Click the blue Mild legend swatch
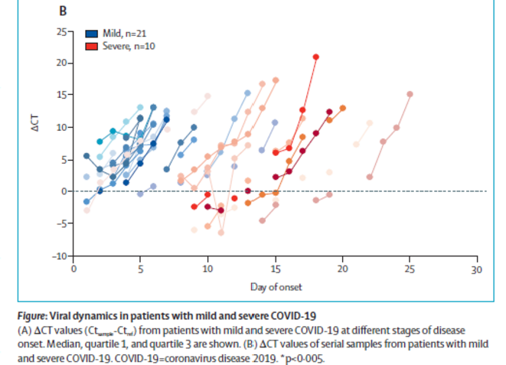pyautogui.click(x=90, y=34)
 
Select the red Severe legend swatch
pyautogui.click(x=90, y=47)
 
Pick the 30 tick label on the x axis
pyautogui.click(x=476, y=269)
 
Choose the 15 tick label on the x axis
pyautogui.click(x=275, y=269)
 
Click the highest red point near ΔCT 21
pyautogui.click(x=315, y=57)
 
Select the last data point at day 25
pyautogui.click(x=410, y=94)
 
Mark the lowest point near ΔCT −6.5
pyautogui.click(x=221, y=232)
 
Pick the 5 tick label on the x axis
pyautogui.click(x=141, y=269)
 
